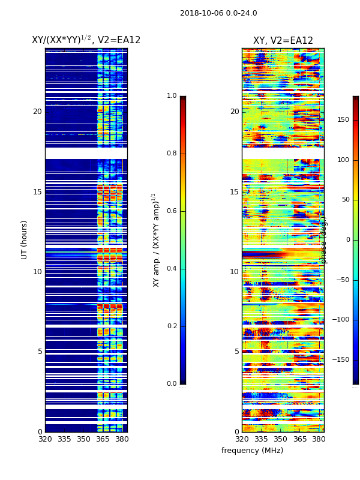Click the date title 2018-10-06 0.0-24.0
click(218, 13)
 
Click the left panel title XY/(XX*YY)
click(86, 40)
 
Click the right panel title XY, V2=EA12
click(283, 41)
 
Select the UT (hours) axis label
click(25, 239)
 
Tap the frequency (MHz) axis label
click(252, 451)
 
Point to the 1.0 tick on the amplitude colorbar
click(172, 96)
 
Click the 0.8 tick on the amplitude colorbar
click(172, 154)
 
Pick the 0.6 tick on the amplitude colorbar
click(172, 211)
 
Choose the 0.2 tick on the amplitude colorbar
click(172, 326)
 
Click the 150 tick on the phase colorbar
click(343, 120)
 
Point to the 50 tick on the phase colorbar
click(344, 200)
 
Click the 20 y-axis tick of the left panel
click(37, 112)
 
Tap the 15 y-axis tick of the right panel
click(235, 192)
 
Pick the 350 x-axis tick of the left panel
click(83, 439)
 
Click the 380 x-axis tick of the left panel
click(122, 439)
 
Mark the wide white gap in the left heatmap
click(86, 154)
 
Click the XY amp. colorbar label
click(156, 239)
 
